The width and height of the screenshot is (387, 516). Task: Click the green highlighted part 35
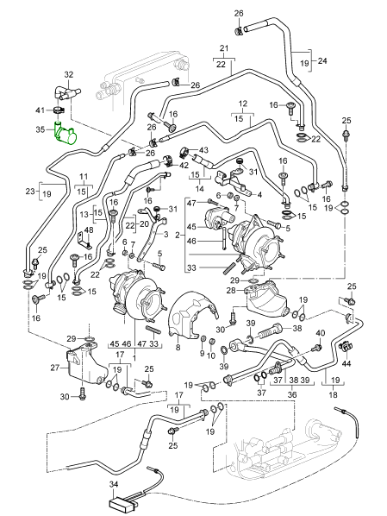[66, 134]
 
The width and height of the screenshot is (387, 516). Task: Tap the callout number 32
[69, 75]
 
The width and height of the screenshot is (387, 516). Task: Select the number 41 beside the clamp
[41, 110]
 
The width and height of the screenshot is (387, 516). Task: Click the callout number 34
[114, 484]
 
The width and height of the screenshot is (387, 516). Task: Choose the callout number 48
[88, 230]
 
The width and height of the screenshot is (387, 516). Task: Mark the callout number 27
[55, 368]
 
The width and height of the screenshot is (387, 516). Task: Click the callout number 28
[231, 290]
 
